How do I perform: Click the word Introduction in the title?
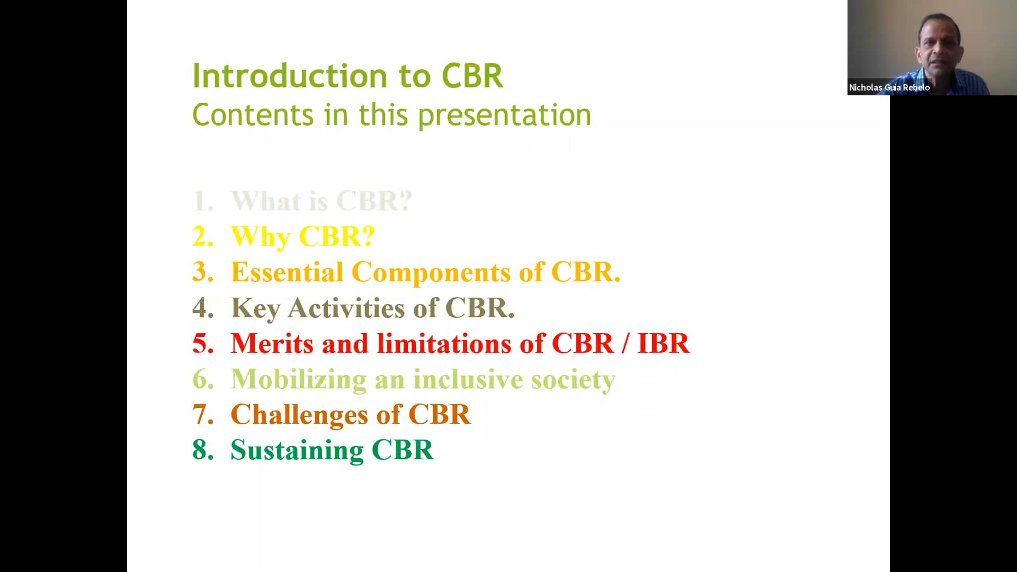tap(290, 76)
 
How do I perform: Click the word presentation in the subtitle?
tap(504, 115)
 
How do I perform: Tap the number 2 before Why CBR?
tap(202, 236)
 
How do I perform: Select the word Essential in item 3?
tap(287, 272)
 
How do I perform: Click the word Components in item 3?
tap(431, 272)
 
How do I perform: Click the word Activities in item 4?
tap(347, 308)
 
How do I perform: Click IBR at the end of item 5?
tap(663, 343)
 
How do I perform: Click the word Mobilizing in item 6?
tap(298, 380)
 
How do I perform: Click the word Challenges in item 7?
tap(299, 414)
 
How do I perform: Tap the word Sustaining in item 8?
tap(297, 450)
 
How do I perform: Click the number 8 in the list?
tap(202, 450)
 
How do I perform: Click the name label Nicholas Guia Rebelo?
tap(889, 87)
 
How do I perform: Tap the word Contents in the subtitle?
tap(253, 115)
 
